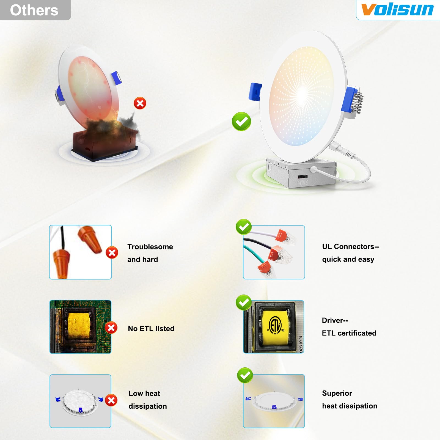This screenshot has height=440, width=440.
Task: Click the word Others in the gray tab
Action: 34,10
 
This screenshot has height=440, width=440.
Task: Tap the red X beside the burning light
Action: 140,103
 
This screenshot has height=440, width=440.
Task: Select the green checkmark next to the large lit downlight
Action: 241,121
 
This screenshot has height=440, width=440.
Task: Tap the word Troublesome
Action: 150,247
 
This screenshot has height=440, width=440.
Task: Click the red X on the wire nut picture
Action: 112,252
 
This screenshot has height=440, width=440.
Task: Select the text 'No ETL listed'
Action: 151,328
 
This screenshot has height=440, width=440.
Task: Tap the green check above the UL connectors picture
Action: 244,227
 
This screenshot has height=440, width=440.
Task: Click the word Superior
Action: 337,393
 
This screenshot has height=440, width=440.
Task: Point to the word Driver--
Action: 335,320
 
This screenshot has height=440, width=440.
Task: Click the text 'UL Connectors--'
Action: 351,246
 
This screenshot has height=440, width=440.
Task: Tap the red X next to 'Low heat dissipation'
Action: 111,400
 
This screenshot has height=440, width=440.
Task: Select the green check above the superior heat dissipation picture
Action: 245,375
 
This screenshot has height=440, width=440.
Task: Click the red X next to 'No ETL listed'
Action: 111,328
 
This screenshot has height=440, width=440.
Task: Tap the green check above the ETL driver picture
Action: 244,302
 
